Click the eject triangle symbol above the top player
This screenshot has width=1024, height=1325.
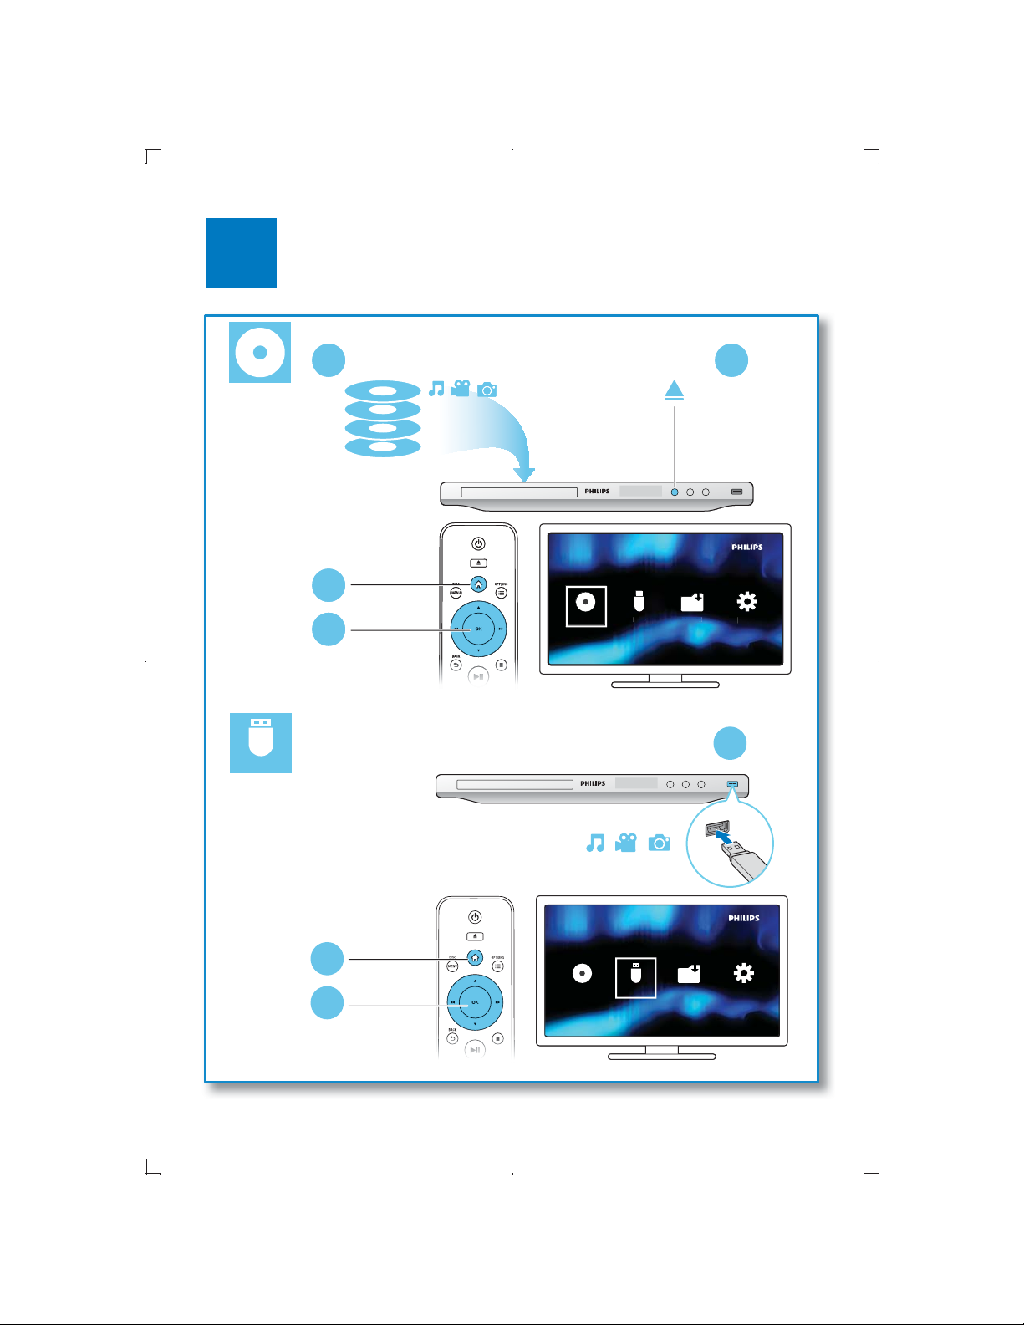[675, 390]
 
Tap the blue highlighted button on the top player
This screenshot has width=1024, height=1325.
[675, 492]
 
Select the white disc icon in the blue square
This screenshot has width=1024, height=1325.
[260, 352]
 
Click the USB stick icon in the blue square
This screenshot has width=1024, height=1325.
[261, 736]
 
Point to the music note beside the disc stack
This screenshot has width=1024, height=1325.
[436, 389]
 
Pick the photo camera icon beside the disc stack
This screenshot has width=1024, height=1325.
[487, 389]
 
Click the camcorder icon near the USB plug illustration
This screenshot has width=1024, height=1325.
[625, 843]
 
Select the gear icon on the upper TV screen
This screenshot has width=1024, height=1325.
[746, 602]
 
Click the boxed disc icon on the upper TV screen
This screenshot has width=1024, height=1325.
[585, 602]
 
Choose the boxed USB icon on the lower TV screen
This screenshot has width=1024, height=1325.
[635, 974]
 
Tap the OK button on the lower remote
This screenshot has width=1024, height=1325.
[475, 1001]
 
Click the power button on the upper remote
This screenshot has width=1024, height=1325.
[478, 544]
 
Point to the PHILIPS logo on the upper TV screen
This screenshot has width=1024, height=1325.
[746, 548]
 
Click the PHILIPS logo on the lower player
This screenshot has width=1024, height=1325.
[593, 784]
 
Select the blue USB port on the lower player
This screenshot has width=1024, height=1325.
[733, 784]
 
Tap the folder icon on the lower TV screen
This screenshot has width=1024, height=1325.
[689, 974]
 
